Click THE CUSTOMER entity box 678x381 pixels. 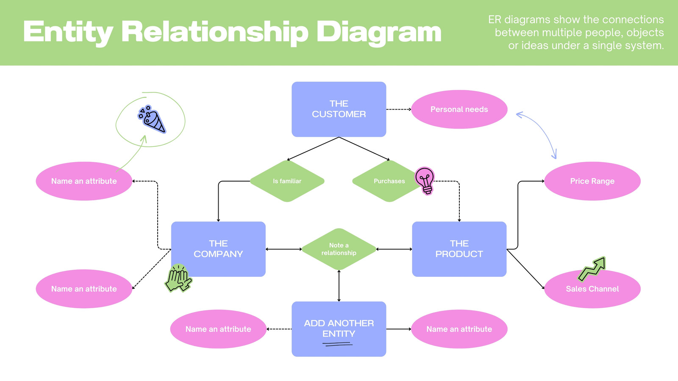point(339,109)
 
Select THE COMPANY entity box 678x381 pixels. point(218,249)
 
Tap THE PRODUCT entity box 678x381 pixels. point(459,249)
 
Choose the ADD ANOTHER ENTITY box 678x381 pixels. point(339,329)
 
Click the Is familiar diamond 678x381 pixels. point(287,181)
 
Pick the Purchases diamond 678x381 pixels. point(389,181)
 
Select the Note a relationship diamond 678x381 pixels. point(339,249)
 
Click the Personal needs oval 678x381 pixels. point(459,109)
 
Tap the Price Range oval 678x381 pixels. point(592,181)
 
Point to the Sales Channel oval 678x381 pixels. point(592,289)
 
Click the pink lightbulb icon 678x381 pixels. point(425,180)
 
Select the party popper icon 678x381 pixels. point(152,119)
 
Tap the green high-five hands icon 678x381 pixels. point(178,278)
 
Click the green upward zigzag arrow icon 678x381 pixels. point(592,269)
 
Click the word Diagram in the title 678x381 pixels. point(379,33)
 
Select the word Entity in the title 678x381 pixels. point(68,33)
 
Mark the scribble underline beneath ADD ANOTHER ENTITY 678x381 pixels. point(337,344)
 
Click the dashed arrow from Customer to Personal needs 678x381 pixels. point(399,109)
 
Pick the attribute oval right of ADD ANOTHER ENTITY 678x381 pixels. point(459,329)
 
